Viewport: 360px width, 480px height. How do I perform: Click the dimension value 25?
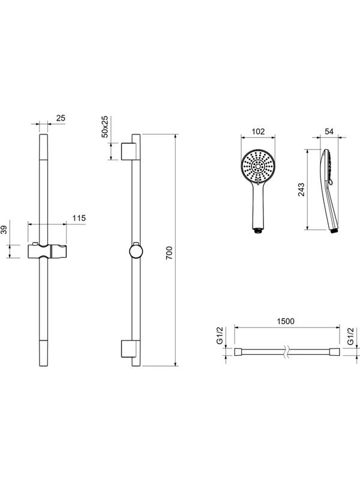pyautogui.click(x=61, y=118)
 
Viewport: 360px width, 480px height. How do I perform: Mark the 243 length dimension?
pyautogui.click(x=301, y=190)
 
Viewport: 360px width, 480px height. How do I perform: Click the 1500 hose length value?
pyautogui.click(x=285, y=321)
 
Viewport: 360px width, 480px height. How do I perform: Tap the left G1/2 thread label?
pyautogui.click(x=220, y=337)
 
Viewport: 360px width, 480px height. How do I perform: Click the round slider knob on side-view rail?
pyautogui.click(x=136, y=251)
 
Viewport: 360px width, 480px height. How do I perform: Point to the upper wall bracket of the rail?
pyautogui.click(x=127, y=151)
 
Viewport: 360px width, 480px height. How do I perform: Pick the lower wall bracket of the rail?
pyautogui.click(x=127, y=350)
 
